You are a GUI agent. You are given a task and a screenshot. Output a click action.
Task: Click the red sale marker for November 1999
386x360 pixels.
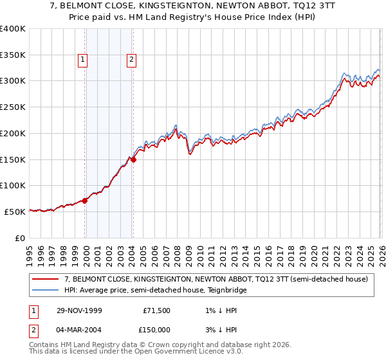[x=85, y=201]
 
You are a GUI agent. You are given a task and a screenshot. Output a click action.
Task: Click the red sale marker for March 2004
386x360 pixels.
[x=133, y=159]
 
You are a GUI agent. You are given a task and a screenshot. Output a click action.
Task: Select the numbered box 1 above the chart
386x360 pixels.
[x=83, y=60]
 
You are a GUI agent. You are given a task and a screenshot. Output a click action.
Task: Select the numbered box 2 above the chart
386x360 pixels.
[x=131, y=60]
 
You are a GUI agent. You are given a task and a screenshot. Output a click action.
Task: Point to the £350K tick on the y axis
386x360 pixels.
[x=14, y=55]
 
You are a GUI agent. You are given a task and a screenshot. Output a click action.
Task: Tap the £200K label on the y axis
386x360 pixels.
[x=14, y=133]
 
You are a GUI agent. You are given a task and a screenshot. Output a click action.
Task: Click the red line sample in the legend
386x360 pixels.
[x=46, y=279]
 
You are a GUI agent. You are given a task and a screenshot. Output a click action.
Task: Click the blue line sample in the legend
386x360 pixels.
[x=46, y=290]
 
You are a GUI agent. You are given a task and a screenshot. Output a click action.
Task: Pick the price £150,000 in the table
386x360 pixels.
[x=156, y=330]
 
